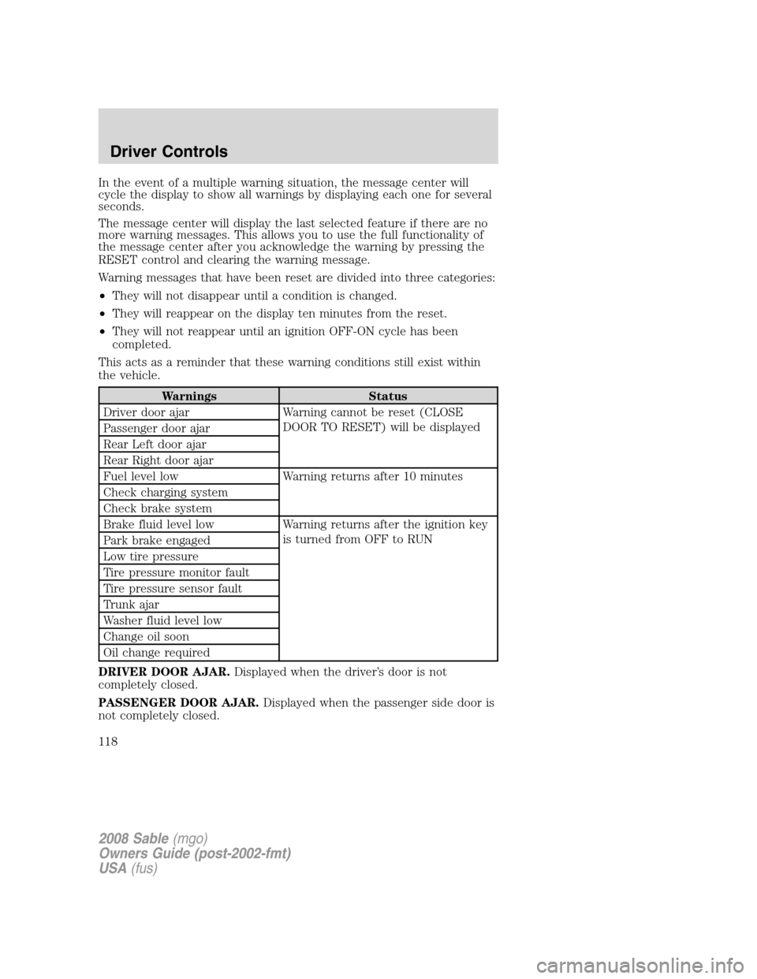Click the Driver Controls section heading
[x=162, y=151]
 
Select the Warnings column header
[x=188, y=396]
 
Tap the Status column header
[x=387, y=396]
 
